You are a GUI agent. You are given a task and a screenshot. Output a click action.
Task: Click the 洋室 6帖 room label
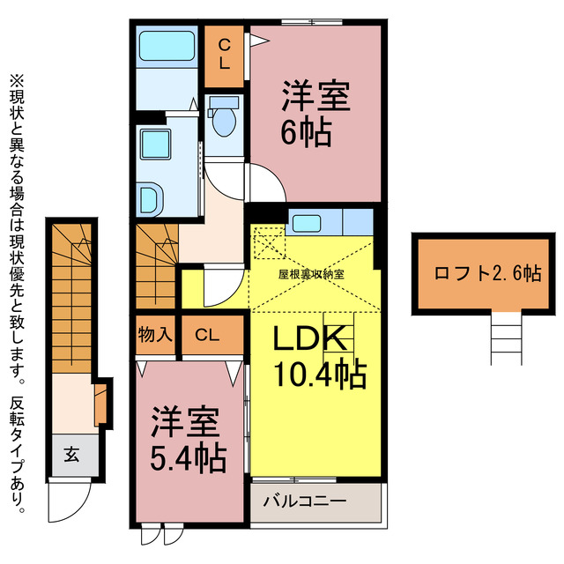point(316,112)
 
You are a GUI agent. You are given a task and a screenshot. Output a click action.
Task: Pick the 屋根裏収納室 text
point(311,274)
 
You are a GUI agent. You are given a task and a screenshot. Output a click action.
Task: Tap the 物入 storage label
point(154,335)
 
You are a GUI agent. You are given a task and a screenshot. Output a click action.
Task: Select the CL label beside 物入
point(208,335)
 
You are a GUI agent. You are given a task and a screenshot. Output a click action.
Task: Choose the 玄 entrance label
point(70,456)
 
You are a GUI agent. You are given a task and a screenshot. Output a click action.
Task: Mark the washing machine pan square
point(156,145)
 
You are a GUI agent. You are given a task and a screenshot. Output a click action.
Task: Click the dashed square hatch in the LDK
point(266,244)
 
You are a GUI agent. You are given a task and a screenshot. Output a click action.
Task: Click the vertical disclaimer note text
point(19,291)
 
